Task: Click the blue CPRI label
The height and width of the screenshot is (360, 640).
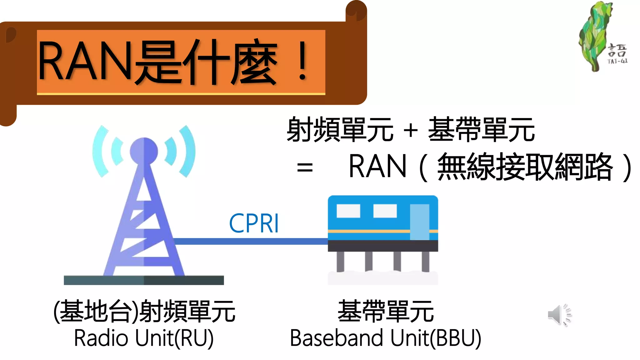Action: [254, 223]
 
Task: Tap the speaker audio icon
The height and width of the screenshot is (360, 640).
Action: [559, 315]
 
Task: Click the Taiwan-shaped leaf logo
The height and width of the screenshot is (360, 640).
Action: [595, 36]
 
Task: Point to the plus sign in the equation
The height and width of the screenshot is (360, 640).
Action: [411, 130]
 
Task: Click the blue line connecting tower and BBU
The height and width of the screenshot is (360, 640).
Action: [250, 241]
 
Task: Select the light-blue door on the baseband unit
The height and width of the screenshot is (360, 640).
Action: [419, 222]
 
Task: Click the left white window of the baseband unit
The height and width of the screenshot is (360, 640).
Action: [348, 211]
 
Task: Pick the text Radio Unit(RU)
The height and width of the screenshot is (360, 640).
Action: [144, 338]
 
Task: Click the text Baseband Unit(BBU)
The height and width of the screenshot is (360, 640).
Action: [385, 338]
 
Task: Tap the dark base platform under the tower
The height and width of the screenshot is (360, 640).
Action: [144, 280]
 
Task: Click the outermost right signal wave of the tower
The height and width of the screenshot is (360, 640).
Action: [188, 151]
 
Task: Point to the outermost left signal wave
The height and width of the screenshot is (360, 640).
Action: [99, 151]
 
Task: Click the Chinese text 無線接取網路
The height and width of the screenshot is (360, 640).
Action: [525, 167]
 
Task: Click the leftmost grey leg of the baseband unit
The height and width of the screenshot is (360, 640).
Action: [340, 261]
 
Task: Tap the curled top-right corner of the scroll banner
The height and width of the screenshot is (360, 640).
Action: [356, 11]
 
